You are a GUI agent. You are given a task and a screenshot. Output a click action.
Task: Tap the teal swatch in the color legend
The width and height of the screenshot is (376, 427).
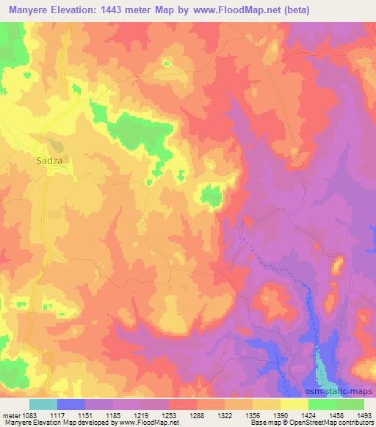[43, 404]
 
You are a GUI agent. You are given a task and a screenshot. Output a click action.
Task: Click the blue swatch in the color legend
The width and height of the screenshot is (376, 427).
[71, 404]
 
